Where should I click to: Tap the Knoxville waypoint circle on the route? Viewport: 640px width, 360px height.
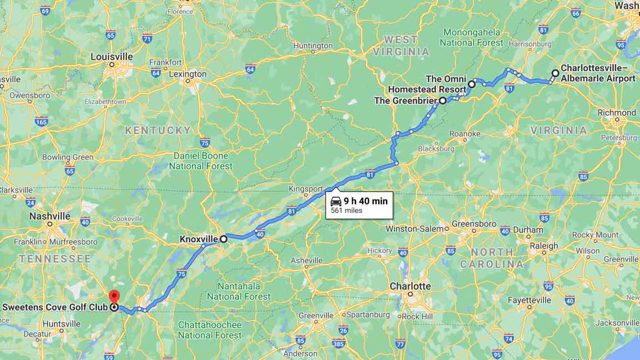pos(224,239)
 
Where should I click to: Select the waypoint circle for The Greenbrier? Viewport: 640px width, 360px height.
pos(443,101)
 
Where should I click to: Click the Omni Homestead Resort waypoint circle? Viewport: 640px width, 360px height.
pos(471,84)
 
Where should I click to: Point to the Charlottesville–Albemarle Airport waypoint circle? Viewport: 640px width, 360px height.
pos(555,73)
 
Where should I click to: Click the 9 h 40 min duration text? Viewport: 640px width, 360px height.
pos(365,201)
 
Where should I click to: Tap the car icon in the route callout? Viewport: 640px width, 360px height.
pos(336,201)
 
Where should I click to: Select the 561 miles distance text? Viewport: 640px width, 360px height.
pos(346,211)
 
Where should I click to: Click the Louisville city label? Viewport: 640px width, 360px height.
pos(112,57)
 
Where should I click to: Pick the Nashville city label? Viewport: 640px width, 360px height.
pos(50,216)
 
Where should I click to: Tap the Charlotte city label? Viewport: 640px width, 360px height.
pos(410,286)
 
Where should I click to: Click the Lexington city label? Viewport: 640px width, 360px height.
pos(187,74)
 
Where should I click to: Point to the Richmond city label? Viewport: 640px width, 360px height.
pos(617,113)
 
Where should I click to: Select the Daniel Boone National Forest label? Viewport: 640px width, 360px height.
pos(201,161)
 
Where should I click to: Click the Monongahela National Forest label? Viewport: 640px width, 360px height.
pos(472,37)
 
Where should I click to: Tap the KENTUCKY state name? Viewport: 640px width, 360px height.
pos(158,130)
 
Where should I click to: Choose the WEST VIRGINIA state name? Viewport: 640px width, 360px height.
pos(400,45)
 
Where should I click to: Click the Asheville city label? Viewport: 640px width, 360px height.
pos(306,260)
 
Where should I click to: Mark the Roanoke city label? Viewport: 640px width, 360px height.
pos(465,134)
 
